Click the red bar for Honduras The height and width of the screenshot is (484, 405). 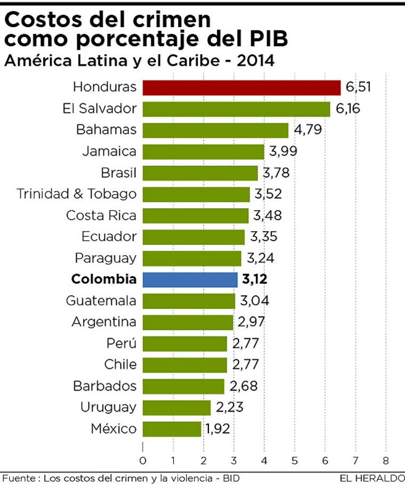pos(241,87)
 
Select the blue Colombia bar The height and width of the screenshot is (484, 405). pos(190,280)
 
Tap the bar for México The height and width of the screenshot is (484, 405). pos(172,429)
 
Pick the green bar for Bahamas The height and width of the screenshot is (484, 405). pos(215,130)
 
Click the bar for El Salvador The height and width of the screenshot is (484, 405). pos(236,109)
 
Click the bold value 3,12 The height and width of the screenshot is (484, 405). pos(255,280)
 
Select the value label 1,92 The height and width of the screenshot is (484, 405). pos(218,429)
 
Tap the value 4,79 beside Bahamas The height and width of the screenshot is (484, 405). pos(306,130)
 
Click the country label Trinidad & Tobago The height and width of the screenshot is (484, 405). pos(76,194)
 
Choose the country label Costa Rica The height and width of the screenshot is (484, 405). pos(101,216)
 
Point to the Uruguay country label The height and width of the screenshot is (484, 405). pos(108,407)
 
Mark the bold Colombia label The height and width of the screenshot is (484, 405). pos(103,280)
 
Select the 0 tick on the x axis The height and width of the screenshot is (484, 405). pos(143,461)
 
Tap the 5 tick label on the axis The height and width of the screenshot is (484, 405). pos(295,461)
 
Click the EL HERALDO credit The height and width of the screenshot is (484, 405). pos(371,478)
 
